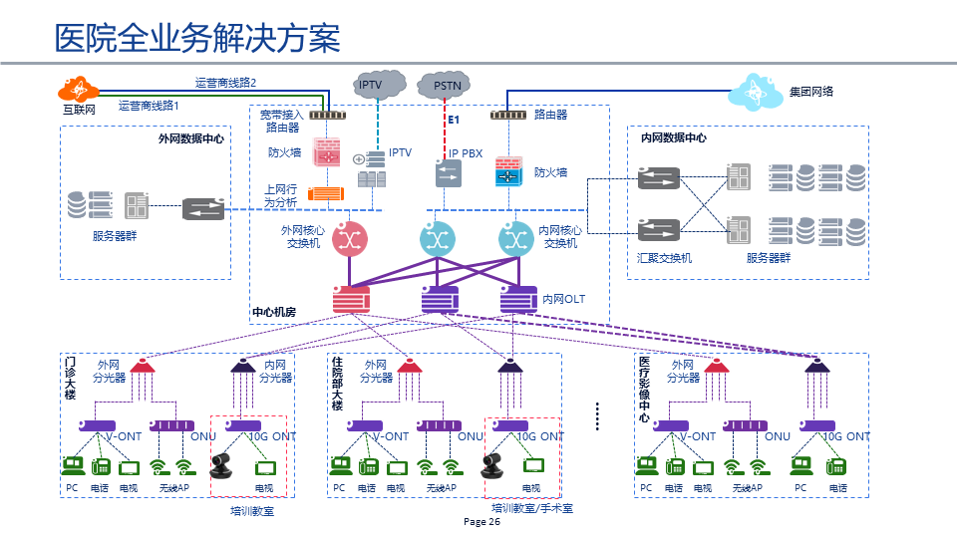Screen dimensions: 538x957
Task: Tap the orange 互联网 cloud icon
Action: (x=78, y=88)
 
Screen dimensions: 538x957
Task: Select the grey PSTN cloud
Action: (x=447, y=86)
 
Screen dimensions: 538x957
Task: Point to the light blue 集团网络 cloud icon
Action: (x=756, y=92)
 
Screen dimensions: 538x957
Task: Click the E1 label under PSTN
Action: (x=453, y=120)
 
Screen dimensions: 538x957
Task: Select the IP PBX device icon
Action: (x=448, y=173)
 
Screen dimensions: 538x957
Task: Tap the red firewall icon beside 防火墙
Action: (x=327, y=152)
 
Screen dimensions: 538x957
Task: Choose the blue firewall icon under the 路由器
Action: (x=509, y=172)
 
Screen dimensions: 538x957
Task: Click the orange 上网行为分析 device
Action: (x=326, y=194)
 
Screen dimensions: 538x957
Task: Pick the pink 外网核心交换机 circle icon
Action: (x=350, y=238)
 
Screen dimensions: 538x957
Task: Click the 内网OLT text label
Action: (x=563, y=299)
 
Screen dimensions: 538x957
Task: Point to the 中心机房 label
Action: (x=274, y=313)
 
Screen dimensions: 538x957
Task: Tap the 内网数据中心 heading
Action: (x=674, y=138)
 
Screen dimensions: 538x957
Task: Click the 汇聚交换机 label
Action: (x=664, y=258)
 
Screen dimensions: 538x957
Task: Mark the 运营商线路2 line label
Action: (x=225, y=83)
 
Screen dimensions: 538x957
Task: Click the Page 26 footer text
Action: (x=482, y=522)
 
